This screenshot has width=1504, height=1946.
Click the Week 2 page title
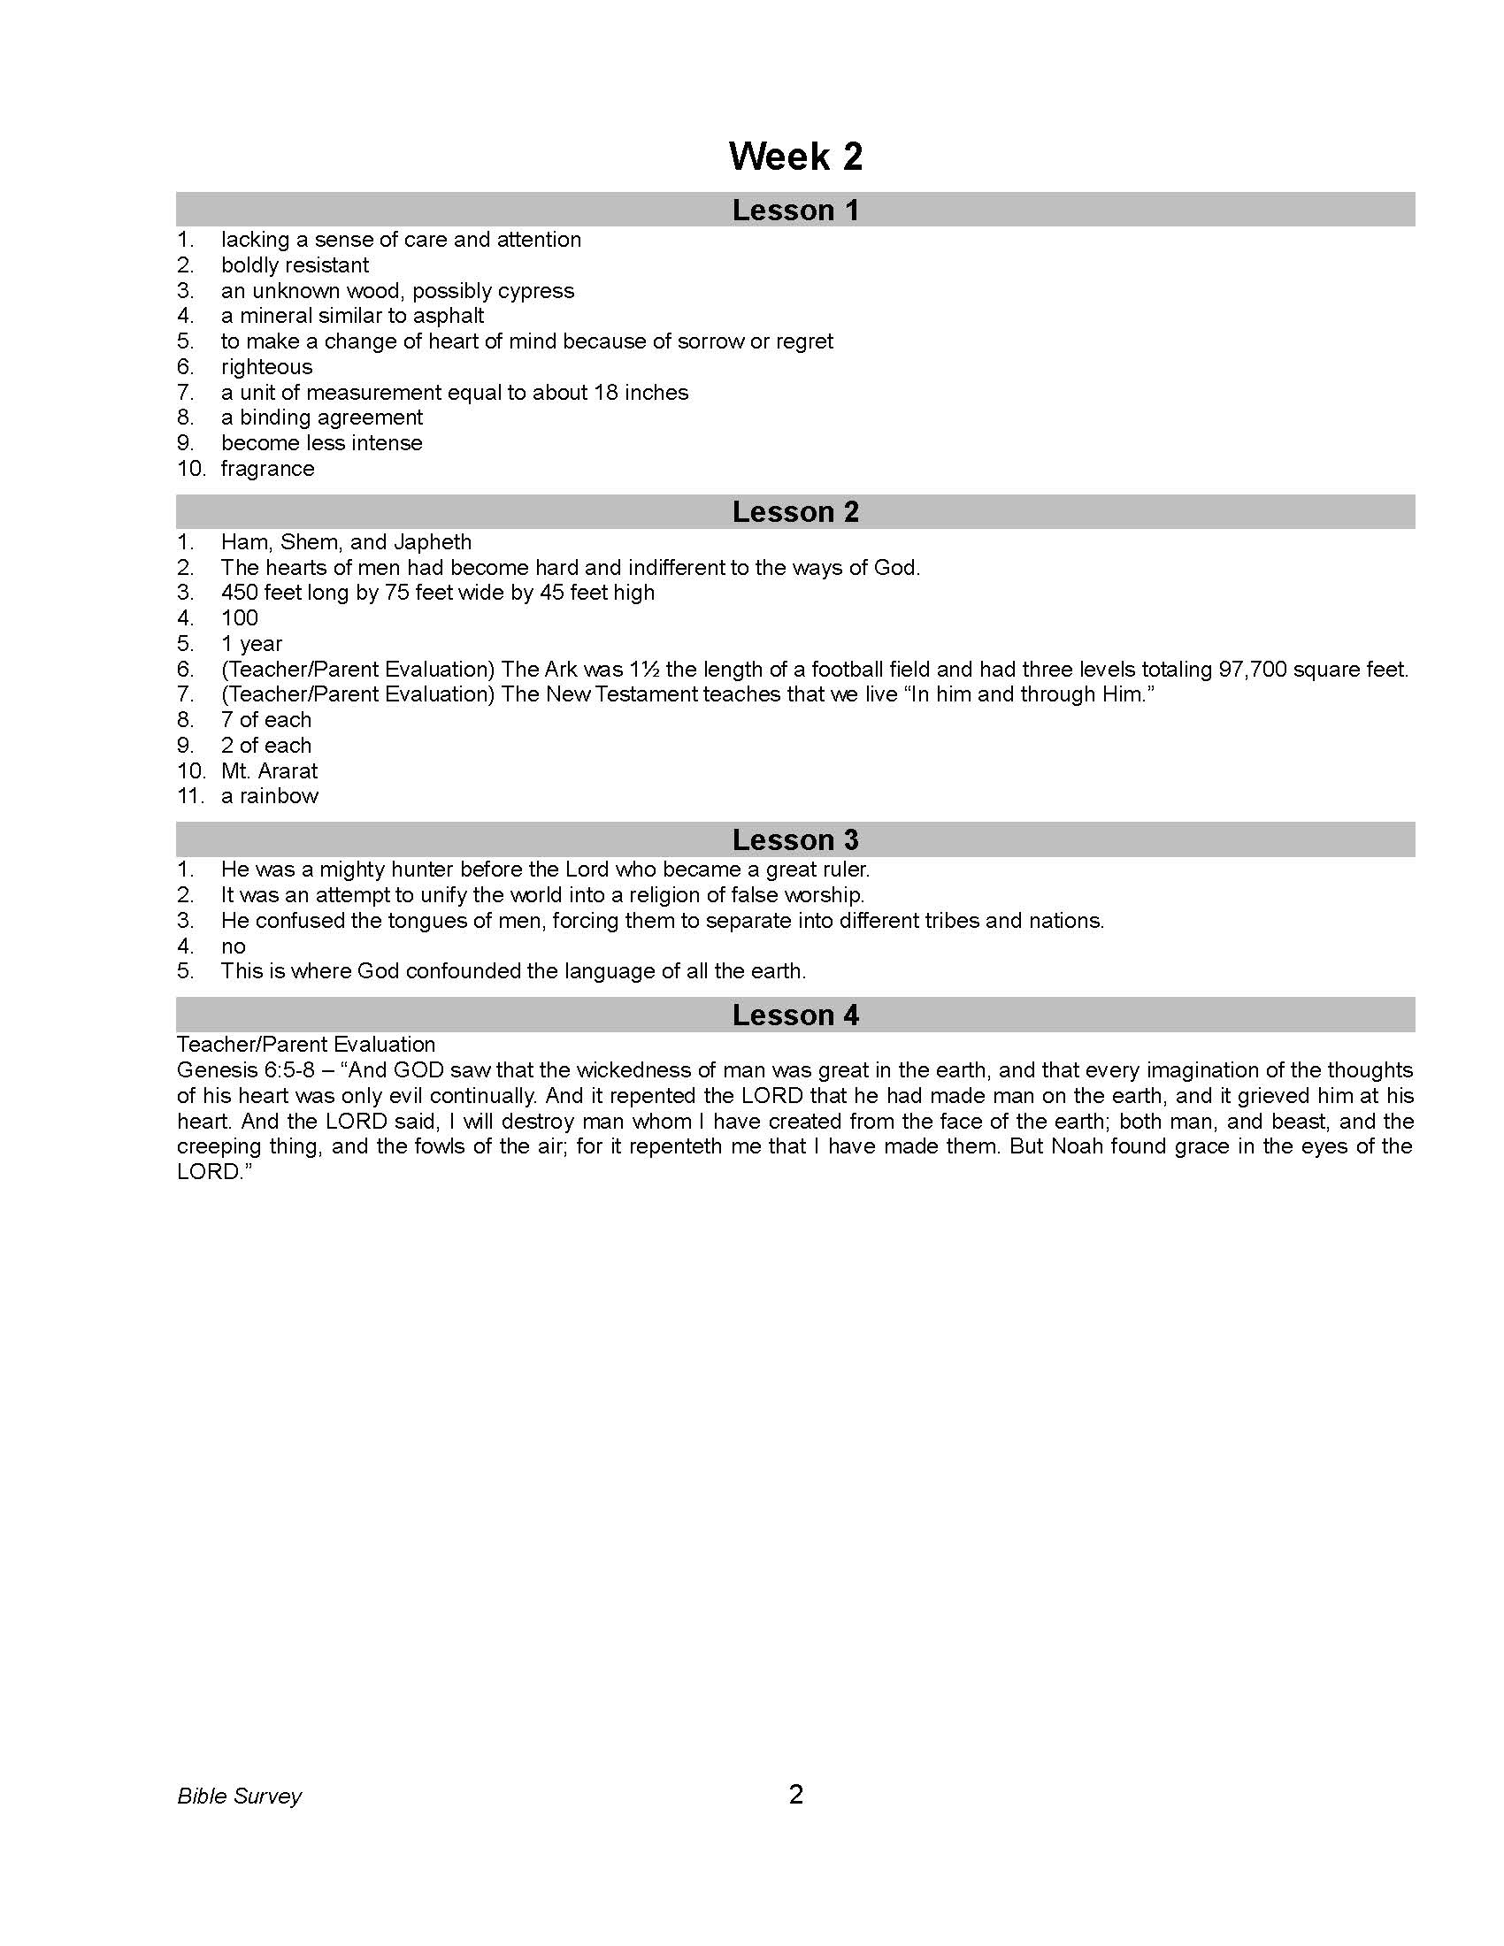click(794, 157)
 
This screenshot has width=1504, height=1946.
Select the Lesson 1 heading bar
click(794, 211)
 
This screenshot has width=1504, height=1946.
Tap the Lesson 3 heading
click(794, 839)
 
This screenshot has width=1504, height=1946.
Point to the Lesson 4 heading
click(794, 1015)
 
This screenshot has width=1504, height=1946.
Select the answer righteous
click(266, 367)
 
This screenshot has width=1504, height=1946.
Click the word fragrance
click(267, 469)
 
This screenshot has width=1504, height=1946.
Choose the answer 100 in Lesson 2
click(240, 618)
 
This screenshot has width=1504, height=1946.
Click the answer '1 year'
click(251, 644)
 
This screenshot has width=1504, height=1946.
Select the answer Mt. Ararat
click(269, 771)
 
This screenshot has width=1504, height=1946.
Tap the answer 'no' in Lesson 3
click(233, 946)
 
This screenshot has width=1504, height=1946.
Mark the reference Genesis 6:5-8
click(246, 1070)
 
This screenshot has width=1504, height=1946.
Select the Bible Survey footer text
click(239, 1797)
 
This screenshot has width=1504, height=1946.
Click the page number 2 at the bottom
click(795, 1795)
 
